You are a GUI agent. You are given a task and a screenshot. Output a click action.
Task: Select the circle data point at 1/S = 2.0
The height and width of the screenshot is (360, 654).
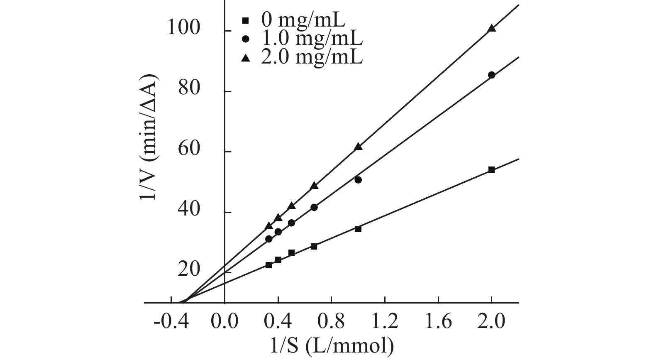[491, 75]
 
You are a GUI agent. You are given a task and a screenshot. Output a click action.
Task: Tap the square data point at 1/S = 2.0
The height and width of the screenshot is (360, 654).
[491, 169]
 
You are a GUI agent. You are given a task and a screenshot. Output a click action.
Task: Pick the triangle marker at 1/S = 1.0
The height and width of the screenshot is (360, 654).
[358, 147]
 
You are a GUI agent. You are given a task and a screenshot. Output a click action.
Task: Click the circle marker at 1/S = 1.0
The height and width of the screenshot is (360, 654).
[358, 180]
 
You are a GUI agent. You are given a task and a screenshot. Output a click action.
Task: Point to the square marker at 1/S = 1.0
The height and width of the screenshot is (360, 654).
[358, 229]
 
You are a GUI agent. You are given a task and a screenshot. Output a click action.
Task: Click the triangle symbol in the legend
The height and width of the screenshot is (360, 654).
[245, 58]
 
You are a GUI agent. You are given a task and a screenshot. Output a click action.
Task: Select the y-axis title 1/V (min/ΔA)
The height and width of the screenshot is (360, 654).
[149, 137]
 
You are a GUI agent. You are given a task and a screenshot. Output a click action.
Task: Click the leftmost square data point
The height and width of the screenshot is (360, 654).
[268, 265]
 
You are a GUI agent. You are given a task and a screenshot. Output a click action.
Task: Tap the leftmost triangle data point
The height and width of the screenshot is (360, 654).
[268, 226]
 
